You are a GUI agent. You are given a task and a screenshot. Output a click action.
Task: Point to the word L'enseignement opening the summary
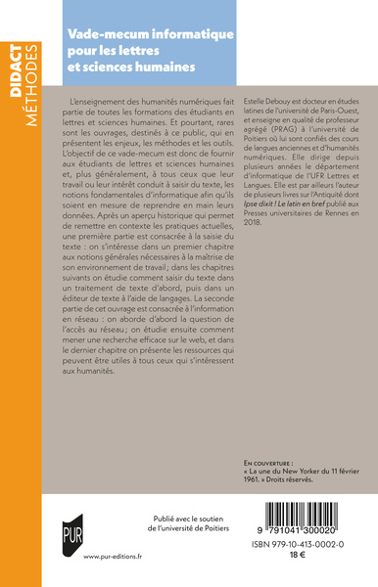[x=105, y=103]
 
